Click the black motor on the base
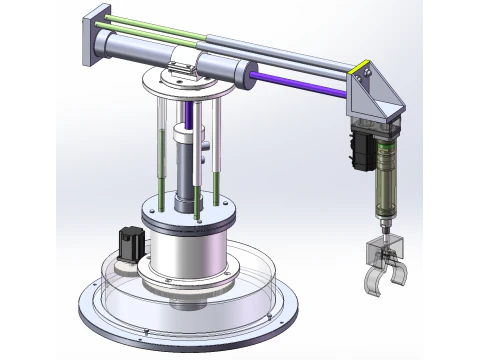128,244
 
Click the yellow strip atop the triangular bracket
363,71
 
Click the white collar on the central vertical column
185,134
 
